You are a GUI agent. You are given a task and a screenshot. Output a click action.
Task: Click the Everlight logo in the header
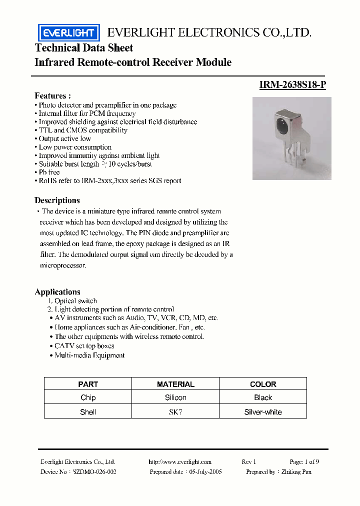tap(68, 33)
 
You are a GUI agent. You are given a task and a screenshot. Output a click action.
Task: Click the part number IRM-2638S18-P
tap(292, 84)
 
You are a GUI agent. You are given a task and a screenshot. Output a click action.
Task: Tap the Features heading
tap(52, 95)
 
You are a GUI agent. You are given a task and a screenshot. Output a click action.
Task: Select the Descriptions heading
tap(57, 200)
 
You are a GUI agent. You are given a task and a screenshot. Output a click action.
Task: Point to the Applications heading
tap(57, 292)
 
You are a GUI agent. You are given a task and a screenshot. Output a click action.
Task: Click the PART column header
tap(88, 384)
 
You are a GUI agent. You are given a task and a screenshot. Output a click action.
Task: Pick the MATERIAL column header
tap(175, 384)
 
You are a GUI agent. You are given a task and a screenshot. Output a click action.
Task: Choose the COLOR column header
tap(263, 384)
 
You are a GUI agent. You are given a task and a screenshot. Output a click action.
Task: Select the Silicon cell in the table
tap(175, 397)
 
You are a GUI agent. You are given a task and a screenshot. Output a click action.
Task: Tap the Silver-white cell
tap(263, 412)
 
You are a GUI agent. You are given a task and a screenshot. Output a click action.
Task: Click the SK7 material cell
tap(175, 412)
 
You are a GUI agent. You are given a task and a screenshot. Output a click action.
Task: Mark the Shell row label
tap(88, 412)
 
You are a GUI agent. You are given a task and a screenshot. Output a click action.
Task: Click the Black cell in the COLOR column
tap(263, 397)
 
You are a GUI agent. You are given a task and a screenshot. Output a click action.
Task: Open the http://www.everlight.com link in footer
tap(180, 462)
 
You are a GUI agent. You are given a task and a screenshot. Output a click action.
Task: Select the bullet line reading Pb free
tap(49, 172)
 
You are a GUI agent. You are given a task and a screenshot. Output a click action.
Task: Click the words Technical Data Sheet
tap(84, 48)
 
